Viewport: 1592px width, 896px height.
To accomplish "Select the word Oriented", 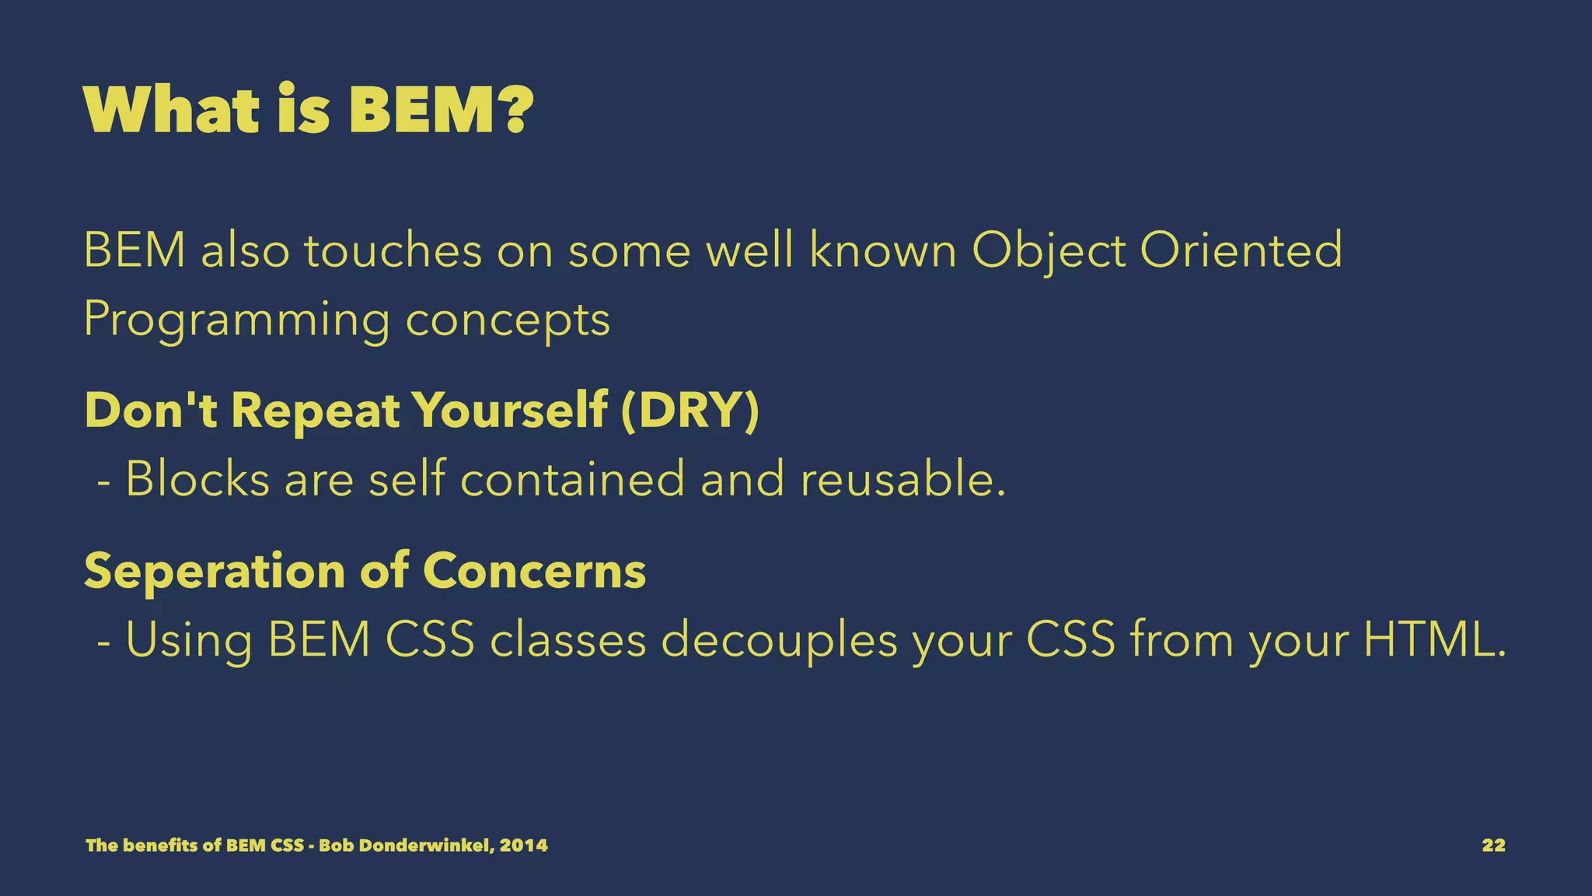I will click(1241, 250).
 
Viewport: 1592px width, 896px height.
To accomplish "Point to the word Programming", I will click(236, 320).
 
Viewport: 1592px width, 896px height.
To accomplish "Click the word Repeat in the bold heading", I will click(315, 411).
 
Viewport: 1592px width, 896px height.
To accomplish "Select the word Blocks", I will click(197, 478).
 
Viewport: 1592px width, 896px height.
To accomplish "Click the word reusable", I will click(902, 478).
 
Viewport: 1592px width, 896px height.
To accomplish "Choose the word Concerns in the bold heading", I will click(534, 571).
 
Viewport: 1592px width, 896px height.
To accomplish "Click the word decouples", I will click(779, 641).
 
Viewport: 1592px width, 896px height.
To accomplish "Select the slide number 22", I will click(1493, 845).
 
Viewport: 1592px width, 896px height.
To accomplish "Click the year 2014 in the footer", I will click(524, 845).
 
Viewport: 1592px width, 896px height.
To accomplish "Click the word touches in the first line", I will click(393, 250).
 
